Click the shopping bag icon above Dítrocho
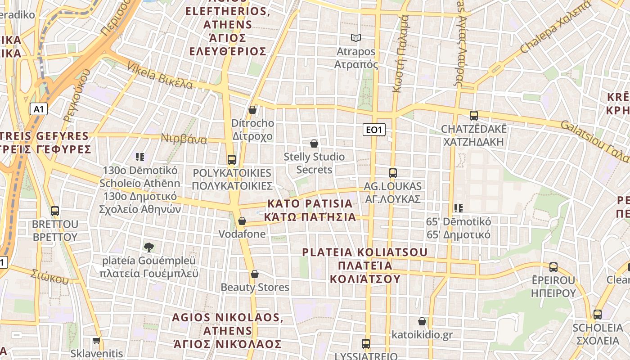(x=252, y=110)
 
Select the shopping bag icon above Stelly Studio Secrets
(x=314, y=144)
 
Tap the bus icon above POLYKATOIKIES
(x=232, y=159)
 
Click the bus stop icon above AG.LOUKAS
(x=393, y=173)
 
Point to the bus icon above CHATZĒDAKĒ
(x=474, y=116)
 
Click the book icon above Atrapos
(x=356, y=38)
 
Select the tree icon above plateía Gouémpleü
(x=149, y=247)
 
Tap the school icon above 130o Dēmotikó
(x=140, y=157)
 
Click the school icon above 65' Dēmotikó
(x=459, y=208)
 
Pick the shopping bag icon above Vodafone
(x=242, y=221)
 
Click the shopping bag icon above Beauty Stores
(x=255, y=274)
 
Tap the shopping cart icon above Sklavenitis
(x=96, y=341)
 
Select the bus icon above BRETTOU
(x=55, y=211)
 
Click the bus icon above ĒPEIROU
(x=553, y=267)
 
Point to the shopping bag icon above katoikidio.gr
(x=422, y=321)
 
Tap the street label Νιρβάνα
(x=184, y=139)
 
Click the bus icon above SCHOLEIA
(x=598, y=315)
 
